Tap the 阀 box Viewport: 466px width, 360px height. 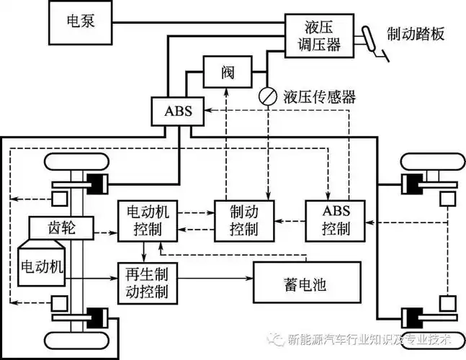point(225,73)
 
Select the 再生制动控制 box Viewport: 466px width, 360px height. point(148,283)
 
